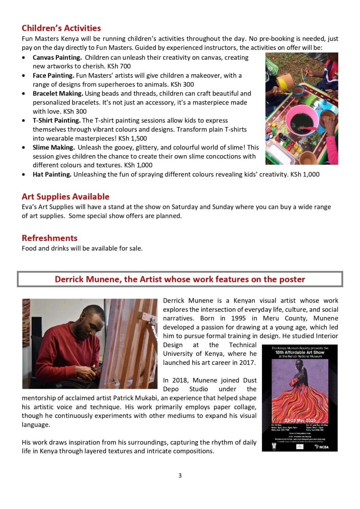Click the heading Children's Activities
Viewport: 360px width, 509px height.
click(61, 28)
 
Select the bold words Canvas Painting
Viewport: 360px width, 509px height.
click(57, 58)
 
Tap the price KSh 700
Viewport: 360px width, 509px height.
click(119, 67)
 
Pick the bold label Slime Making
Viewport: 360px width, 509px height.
click(54, 148)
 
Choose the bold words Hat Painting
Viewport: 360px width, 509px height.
click(52, 175)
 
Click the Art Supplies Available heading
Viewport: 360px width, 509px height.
click(65, 197)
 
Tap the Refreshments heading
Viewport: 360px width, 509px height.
click(50, 238)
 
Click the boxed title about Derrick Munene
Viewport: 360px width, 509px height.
click(180, 279)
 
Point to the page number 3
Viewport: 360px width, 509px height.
click(180, 476)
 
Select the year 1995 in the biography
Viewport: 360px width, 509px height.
click(238, 319)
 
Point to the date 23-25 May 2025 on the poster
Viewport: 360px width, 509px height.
click(300, 420)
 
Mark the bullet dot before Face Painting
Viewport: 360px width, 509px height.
click(23, 76)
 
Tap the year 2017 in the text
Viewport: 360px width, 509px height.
click(246, 363)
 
